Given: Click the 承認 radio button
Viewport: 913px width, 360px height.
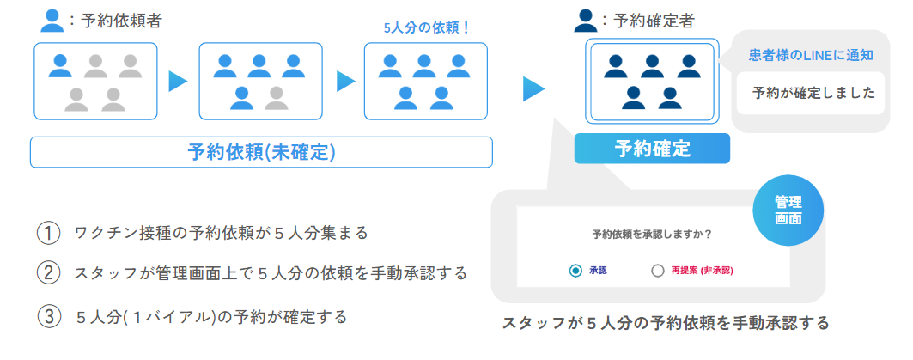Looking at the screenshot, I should click(575, 271).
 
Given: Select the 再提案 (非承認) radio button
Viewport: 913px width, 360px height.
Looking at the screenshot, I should click(658, 271).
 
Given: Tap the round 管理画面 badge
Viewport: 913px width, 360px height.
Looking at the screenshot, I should click(788, 210).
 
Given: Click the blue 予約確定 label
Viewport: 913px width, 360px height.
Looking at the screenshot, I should click(652, 149).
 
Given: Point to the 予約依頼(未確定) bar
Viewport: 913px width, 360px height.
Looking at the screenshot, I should click(261, 152).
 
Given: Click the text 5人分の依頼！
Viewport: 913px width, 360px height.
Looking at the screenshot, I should click(427, 27).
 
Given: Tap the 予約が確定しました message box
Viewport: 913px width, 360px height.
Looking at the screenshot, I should click(810, 93).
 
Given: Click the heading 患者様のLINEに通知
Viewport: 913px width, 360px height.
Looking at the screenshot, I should click(811, 56).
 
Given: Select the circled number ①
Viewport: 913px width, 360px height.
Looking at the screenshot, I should click(48, 233).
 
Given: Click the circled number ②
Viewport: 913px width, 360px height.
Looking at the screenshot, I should click(48, 274).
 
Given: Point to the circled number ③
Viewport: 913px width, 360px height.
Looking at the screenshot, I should click(48, 316).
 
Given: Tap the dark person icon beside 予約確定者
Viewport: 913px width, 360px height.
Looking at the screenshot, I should click(586, 21).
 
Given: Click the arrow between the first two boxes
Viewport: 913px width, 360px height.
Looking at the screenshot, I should click(178, 82).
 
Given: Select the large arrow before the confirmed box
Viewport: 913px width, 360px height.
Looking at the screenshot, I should click(533, 88).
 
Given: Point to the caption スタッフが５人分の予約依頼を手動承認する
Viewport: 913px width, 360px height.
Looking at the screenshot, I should click(666, 323).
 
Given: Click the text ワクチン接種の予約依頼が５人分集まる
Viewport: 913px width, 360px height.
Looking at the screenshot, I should click(222, 233).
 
